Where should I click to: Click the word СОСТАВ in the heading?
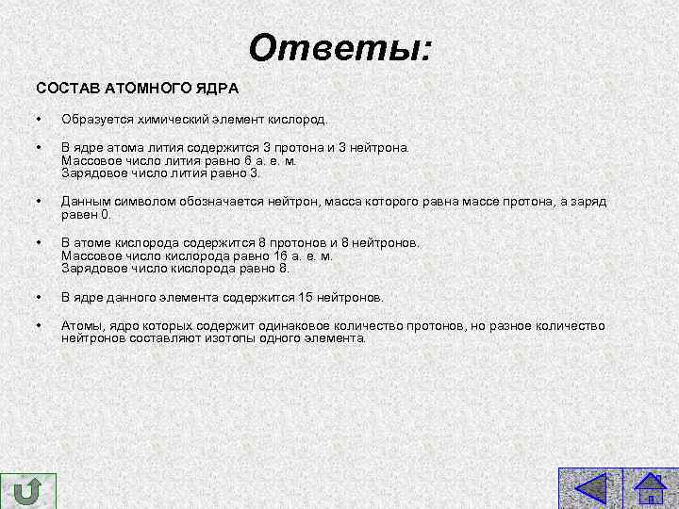[64, 89]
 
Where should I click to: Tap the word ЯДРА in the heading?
[217, 89]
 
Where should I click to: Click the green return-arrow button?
[28, 492]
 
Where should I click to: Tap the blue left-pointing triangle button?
[589, 491]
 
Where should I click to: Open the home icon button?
[652, 491]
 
